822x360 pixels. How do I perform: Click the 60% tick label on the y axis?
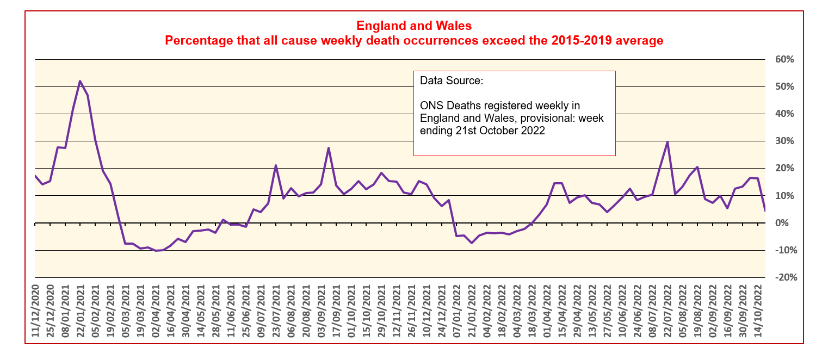(x=784, y=59)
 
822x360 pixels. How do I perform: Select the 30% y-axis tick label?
(x=784, y=141)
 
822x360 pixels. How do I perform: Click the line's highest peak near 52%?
(x=80, y=81)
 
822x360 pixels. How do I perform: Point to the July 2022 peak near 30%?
(x=668, y=142)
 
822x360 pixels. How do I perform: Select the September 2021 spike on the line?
(x=329, y=148)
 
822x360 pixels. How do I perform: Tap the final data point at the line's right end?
(x=765, y=210)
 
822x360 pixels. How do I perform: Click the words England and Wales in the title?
(x=413, y=26)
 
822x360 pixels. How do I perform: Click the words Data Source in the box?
(x=451, y=81)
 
